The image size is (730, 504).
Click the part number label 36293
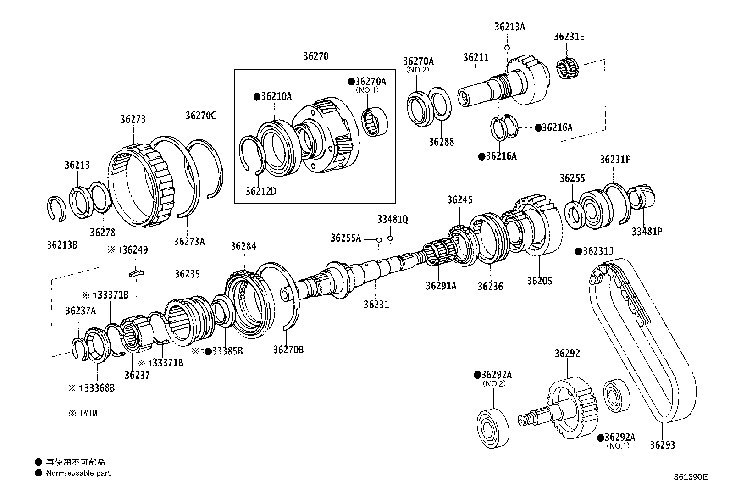[662, 444]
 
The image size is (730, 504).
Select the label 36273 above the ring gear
[133, 119]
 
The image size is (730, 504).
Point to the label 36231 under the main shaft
[376, 304]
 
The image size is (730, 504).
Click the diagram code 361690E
[691, 477]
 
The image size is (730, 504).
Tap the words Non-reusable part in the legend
[78, 473]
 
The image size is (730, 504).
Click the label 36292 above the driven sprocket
[567, 354]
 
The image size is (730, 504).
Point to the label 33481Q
[393, 220]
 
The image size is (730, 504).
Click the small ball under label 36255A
[379, 239]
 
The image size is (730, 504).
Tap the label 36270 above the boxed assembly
[315, 57]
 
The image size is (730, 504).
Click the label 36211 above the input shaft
[476, 58]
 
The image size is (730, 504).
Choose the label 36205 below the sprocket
[539, 281]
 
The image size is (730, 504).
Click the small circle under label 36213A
[507, 47]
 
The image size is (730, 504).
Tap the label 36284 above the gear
[243, 246]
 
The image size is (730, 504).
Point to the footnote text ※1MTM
[83, 413]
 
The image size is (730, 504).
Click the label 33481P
[647, 232]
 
